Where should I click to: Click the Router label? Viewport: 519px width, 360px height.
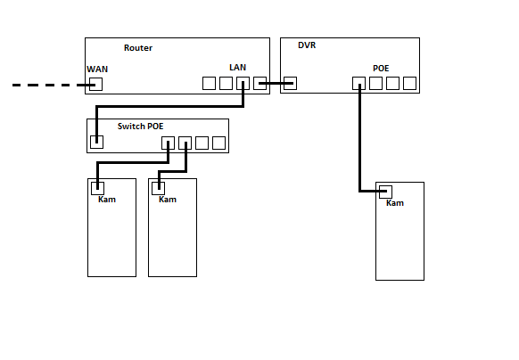(x=138, y=48)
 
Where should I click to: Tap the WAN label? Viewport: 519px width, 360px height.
(x=97, y=70)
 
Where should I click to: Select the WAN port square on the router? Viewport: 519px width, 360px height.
(x=96, y=84)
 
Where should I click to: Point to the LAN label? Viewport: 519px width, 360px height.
(x=238, y=68)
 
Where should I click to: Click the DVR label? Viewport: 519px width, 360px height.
(x=307, y=45)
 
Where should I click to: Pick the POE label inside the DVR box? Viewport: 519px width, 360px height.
(x=381, y=69)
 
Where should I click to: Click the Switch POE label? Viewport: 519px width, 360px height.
(x=140, y=127)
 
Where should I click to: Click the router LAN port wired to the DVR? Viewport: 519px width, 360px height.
(x=259, y=84)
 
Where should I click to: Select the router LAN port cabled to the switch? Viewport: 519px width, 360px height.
(x=243, y=84)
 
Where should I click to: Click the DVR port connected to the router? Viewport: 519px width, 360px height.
(x=291, y=84)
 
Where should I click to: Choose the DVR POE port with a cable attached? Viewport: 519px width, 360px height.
(x=358, y=84)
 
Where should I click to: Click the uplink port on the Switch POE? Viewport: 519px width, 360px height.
(x=96, y=142)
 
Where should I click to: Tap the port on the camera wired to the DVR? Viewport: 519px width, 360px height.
(x=385, y=192)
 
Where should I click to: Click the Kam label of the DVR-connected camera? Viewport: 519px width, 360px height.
(x=395, y=203)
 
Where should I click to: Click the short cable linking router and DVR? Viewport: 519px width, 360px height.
(x=276, y=84)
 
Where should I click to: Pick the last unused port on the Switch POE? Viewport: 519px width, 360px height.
(x=218, y=143)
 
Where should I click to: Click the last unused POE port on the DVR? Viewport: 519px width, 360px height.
(x=410, y=84)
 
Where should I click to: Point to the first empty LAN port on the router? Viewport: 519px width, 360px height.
(x=209, y=84)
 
